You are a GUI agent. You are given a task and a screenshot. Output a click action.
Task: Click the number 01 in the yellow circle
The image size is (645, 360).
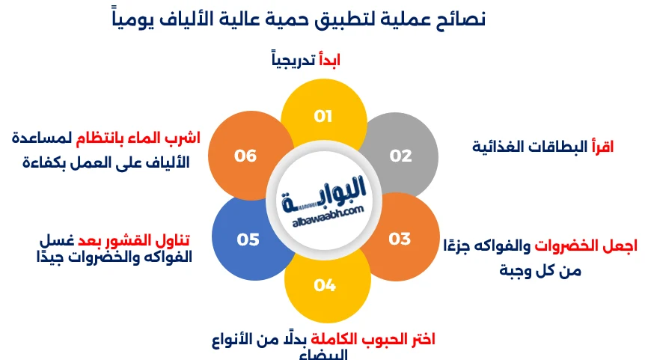(x=322, y=116)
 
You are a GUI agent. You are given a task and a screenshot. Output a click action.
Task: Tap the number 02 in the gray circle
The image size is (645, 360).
(x=401, y=156)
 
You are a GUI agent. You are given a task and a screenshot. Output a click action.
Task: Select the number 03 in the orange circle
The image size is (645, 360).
(x=400, y=239)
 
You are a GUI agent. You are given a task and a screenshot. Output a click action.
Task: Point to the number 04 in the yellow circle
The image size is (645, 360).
(x=325, y=284)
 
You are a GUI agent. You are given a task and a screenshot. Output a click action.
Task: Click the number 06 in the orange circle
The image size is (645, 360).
(x=245, y=156)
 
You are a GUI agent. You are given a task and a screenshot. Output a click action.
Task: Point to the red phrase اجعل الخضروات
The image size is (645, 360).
(x=587, y=247)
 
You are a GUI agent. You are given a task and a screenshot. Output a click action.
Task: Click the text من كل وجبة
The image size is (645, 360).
(x=541, y=270)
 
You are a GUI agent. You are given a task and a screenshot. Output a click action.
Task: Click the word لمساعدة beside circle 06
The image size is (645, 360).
(x=43, y=138)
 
